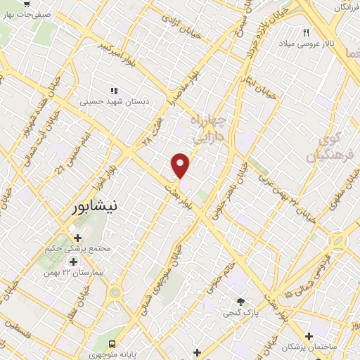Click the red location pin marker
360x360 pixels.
coord(181,166)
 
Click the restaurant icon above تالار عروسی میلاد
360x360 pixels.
coord(306,32)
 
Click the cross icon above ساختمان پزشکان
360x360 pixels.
coord(308,336)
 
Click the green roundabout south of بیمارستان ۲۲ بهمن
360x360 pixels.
coord(115,292)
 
